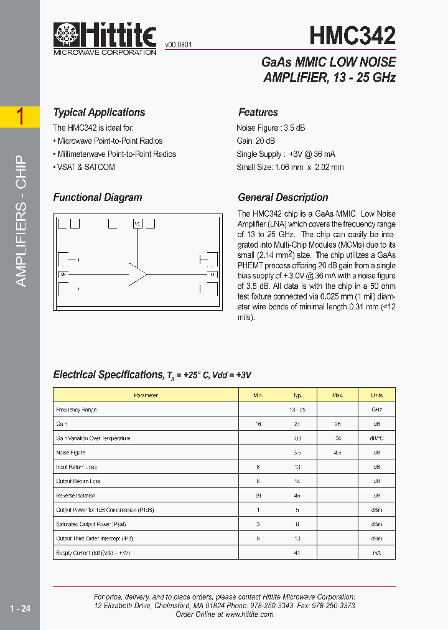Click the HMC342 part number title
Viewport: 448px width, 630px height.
point(353,35)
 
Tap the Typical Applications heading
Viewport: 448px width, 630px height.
point(99,113)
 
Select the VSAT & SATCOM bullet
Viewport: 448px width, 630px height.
point(84,167)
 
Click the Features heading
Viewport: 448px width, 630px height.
point(258,113)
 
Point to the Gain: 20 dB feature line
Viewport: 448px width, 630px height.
point(256,141)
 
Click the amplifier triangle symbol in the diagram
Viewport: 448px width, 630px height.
point(138,273)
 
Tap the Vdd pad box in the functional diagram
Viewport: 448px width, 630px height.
point(138,223)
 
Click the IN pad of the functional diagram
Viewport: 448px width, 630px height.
point(63,274)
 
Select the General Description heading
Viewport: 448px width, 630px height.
point(283,198)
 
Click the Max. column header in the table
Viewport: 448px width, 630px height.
point(338,395)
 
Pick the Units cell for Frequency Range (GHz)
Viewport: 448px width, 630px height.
point(376,410)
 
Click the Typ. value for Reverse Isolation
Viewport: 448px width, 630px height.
point(297,496)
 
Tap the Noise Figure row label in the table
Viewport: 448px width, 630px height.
point(71,453)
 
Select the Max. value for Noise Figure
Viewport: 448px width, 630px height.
point(338,453)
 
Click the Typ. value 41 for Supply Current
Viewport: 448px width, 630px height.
point(297,553)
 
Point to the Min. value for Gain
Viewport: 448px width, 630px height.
point(258,424)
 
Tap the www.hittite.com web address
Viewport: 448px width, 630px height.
point(249,614)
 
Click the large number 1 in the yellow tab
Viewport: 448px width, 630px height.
point(20,116)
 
